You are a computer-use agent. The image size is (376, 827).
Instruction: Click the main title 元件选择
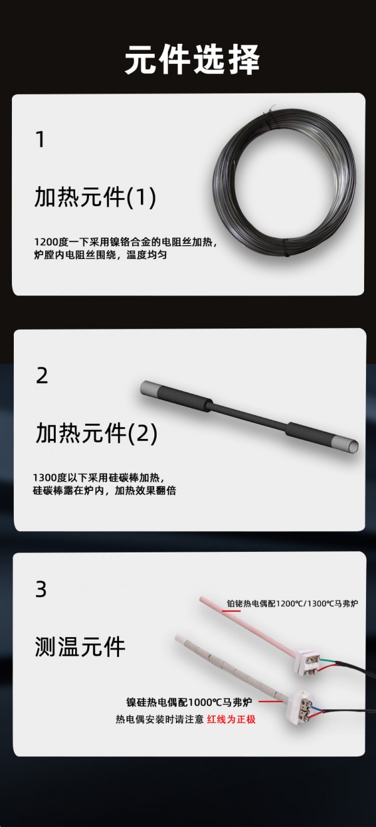[192, 60]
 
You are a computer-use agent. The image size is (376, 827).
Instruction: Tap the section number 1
[40, 139]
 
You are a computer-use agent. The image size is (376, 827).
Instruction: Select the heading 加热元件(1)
[95, 197]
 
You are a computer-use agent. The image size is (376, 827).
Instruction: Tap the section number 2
[42, 376]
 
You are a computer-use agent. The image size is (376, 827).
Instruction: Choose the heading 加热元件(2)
[97, 433]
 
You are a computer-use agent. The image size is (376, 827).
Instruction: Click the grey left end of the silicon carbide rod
[149, 390]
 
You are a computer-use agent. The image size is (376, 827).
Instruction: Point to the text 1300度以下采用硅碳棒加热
[98, 477]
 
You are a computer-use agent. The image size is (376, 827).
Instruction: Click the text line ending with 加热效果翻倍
[105, 491]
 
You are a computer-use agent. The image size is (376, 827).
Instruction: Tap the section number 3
[41, 589]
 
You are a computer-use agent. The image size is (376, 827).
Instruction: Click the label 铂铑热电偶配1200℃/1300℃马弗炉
[292, 604]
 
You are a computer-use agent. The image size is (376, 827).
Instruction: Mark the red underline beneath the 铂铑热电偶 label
[231, 611]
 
